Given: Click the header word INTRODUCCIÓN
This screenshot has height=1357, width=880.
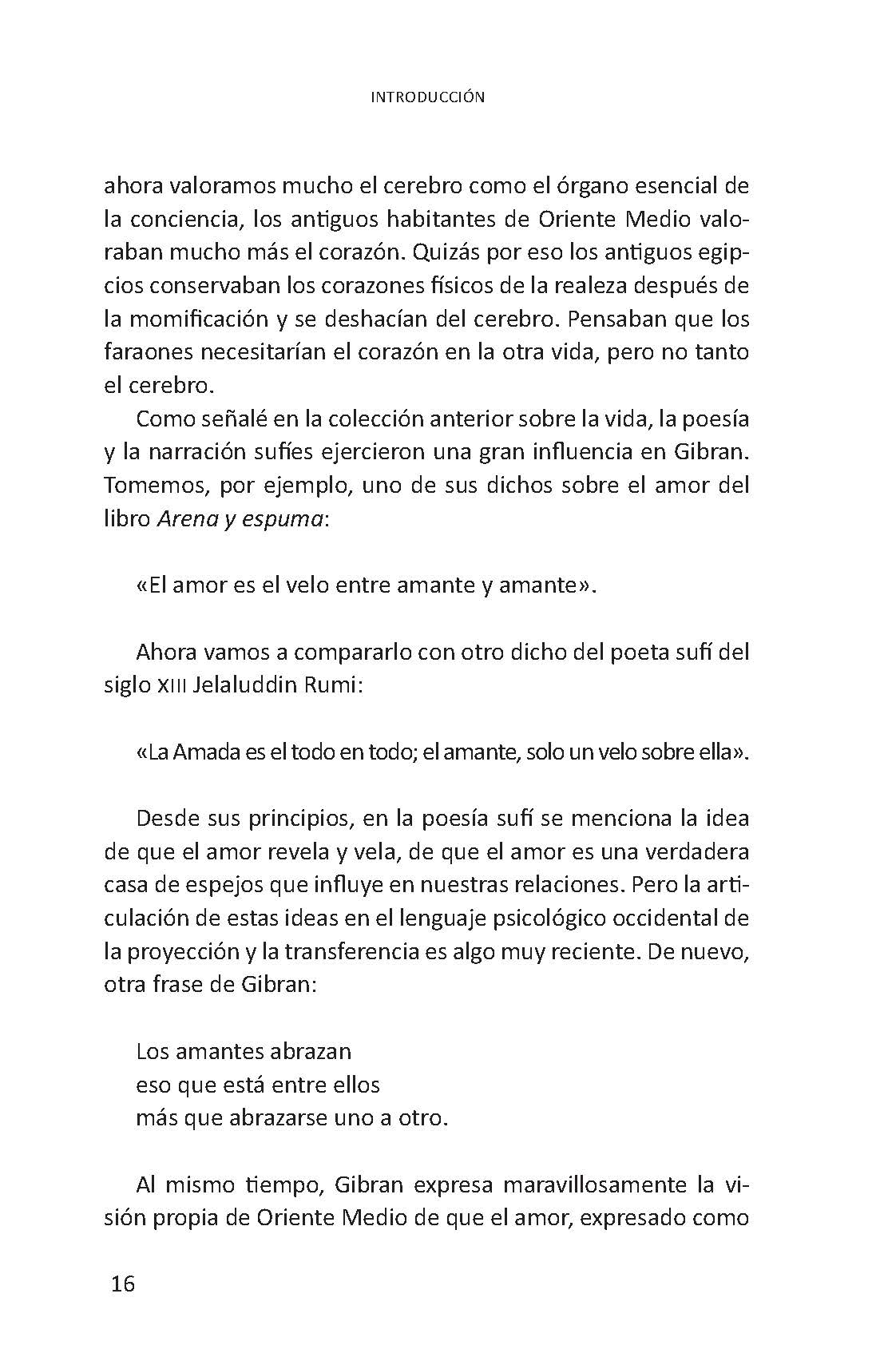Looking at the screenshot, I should pyautogui.click(x=428, y=97).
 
